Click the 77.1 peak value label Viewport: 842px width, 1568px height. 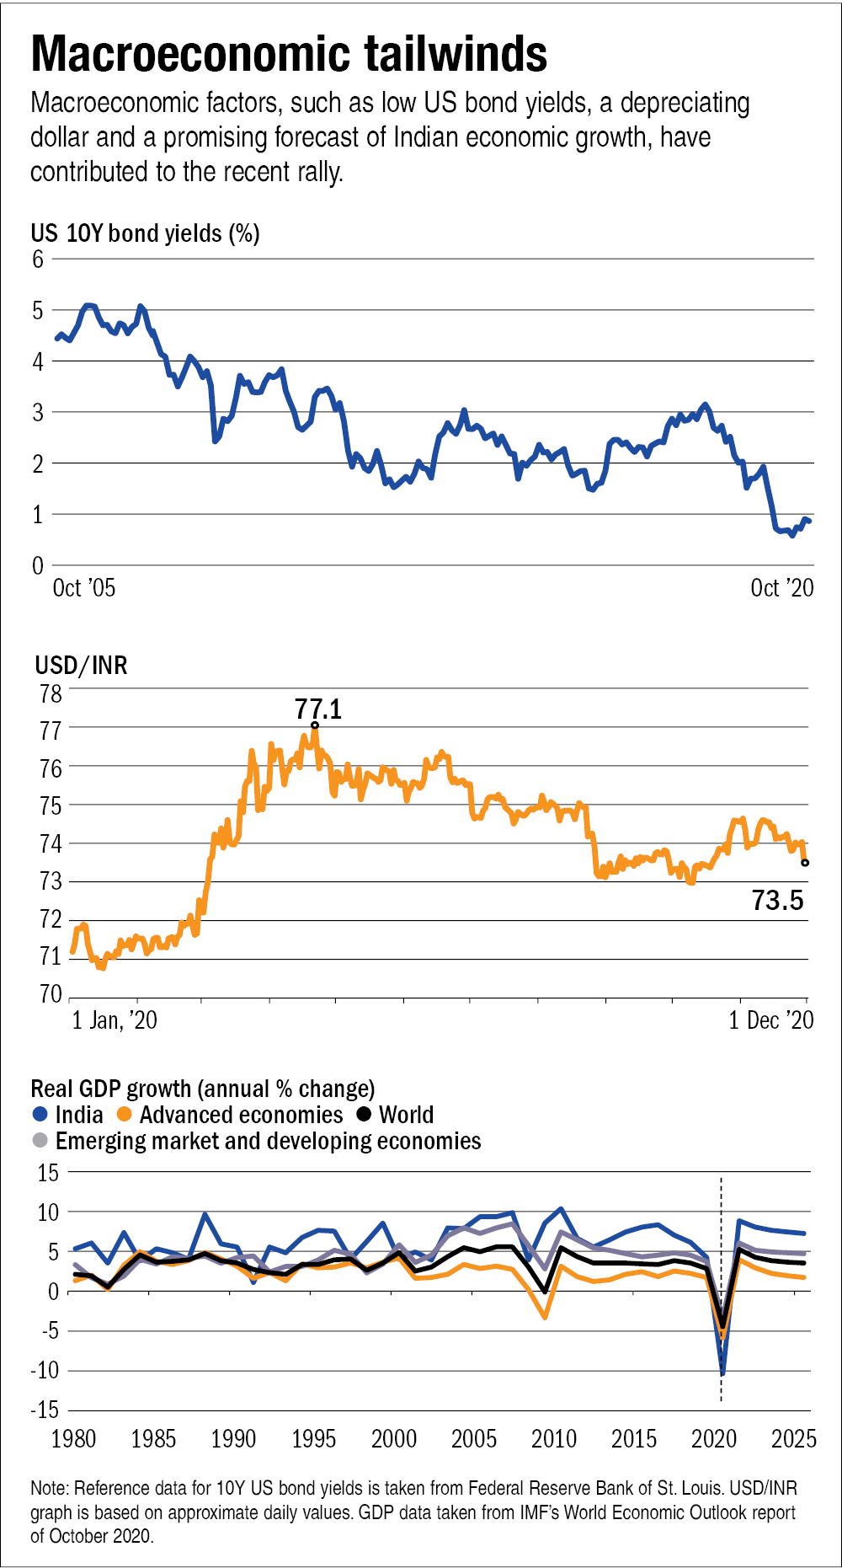coord(318,709)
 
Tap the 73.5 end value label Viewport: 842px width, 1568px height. coord(777,901)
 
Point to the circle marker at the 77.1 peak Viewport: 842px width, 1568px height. coord(315,725)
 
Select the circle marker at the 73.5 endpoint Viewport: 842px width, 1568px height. coord(805,862)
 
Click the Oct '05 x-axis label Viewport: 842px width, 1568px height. coord(83,587)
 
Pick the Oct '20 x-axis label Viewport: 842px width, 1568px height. coord(781,587)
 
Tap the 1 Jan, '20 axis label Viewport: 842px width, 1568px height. coord(115,1020)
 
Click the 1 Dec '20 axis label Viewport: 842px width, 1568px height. coord(770,1020)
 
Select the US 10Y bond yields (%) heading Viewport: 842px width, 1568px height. coord(145,233)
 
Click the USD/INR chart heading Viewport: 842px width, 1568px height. coord(81,666)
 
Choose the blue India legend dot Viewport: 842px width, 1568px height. coord(40,1115)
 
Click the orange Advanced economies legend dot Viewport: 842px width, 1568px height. coord(125,1115)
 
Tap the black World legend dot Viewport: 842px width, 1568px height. coord(364,1115)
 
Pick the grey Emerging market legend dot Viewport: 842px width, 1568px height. coord(40,1141)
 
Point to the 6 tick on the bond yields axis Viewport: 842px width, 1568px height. coord(38,259)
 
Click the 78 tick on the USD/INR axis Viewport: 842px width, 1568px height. coord(51,693)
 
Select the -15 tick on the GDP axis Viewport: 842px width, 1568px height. coord(45,1410)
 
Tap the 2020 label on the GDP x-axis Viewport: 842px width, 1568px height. coord(713,1438)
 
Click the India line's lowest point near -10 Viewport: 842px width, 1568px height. coord(722,1373)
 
